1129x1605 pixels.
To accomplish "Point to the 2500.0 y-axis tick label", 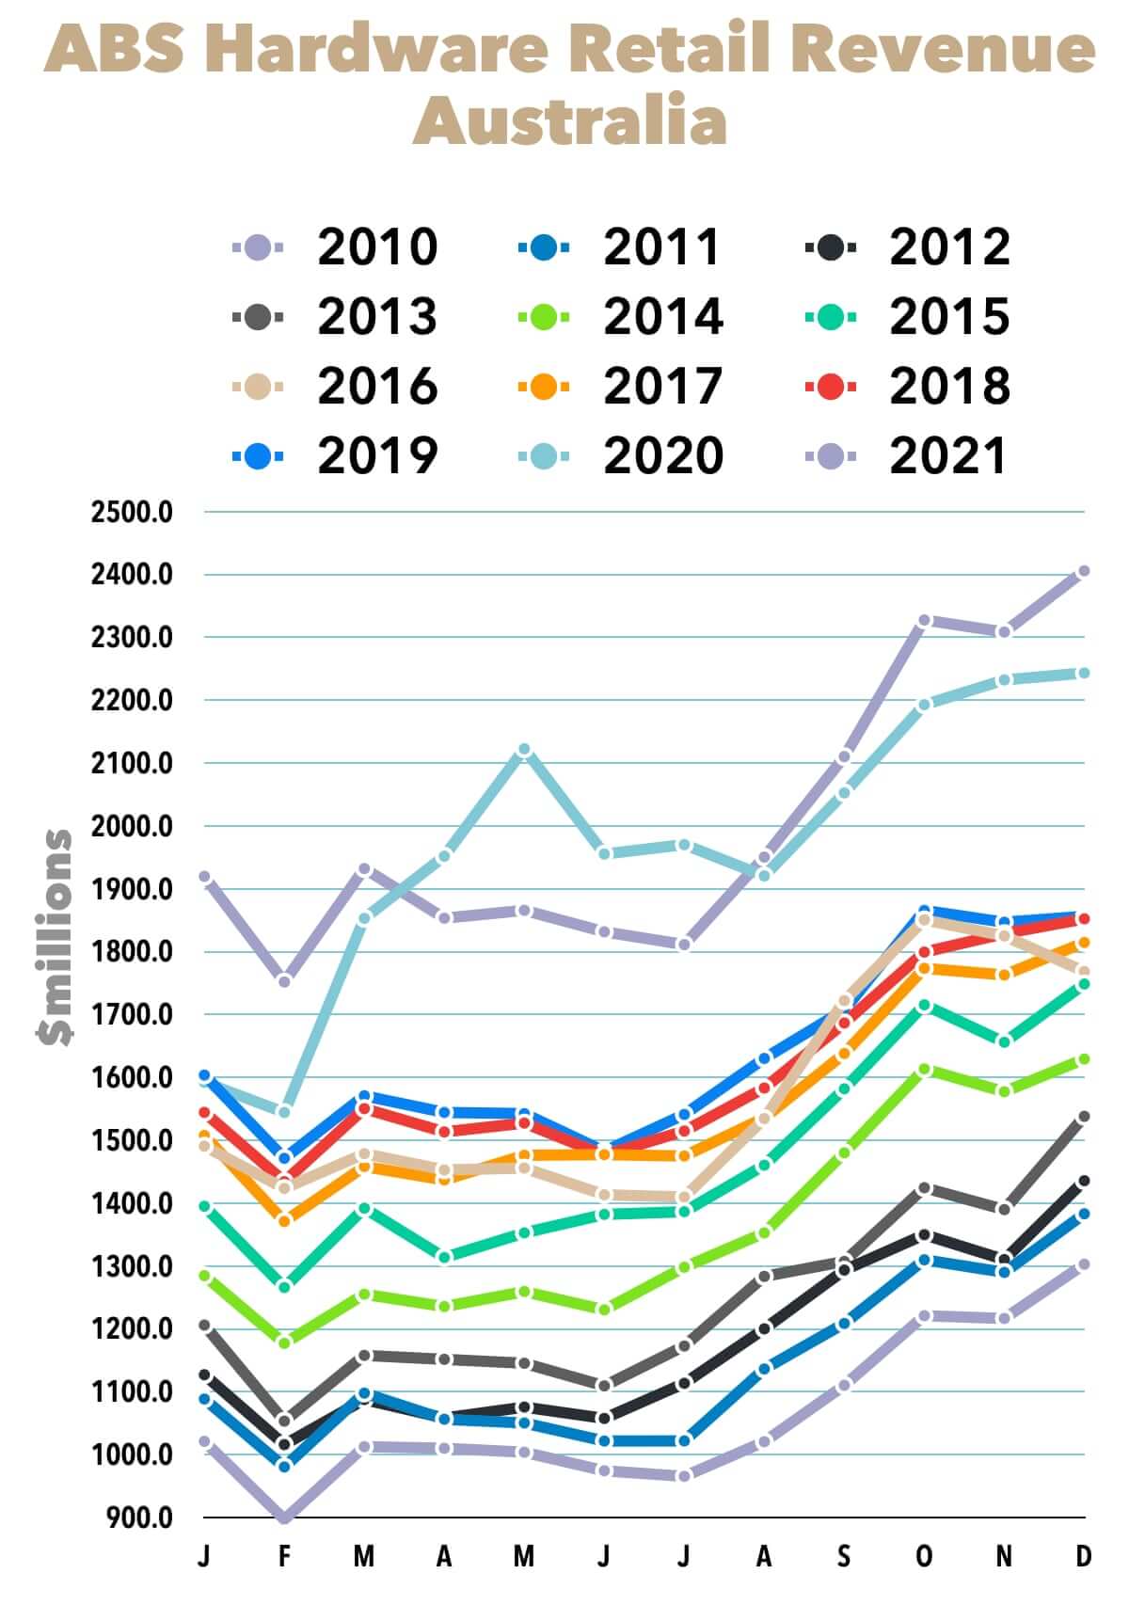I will click(132, 513).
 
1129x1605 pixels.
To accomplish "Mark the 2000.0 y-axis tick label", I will click(132, 826).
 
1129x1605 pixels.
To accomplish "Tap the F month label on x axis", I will click(284, 1557).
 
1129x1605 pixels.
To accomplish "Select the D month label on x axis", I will click(1084, 1557).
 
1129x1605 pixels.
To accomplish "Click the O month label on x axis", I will click(924, 1557).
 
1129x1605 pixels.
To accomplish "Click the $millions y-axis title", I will click(55, 937).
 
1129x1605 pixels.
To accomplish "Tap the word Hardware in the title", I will click(376, 49).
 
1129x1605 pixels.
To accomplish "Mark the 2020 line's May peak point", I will click(524, 750).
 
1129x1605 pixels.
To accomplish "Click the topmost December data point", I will click(1084, 571).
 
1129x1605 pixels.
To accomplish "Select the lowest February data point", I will click(284, 1517).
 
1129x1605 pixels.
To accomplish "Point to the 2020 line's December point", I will click(1084, 673).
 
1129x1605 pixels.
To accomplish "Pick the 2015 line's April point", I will click(444, 1257).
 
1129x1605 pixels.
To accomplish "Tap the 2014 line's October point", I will click(924, 1069).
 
